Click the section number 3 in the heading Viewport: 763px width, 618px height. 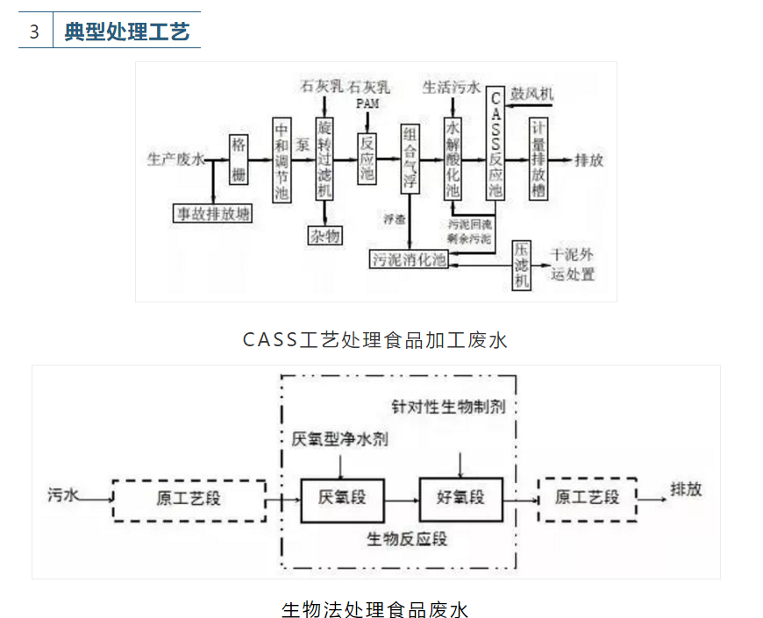pyautogui.click(x=34, y=32)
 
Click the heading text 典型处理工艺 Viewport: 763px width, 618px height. pyautogui.click(x=126, y=32)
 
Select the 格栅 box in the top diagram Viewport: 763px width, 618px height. pyautogui.click(x=239, y=160)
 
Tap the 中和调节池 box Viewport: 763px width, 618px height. pyautogui.click(x=281, y=160)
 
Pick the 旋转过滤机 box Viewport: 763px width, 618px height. pyautogui.click(x=324, y=160)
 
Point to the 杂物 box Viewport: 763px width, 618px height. pyautogui.click(x=324, y=235)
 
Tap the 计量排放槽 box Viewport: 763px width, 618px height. pyautogui.click(x=539, y=160)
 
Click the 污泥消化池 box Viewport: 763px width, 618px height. pyautogui.click(x=410, y=259)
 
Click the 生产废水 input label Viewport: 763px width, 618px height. pyautogui.click(x=175, y=160)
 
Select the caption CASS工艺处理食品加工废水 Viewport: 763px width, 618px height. pyautogui.click(x=375, y=340)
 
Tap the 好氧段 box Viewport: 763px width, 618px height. pyautogui.click(x=460, y=498)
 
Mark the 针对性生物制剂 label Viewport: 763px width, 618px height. pyautogui.click(x=448, y=407)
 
